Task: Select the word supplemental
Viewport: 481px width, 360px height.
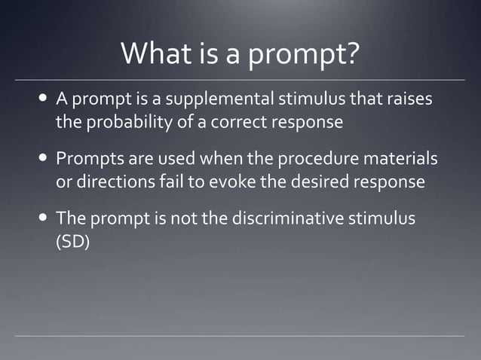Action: (x=212, y=101)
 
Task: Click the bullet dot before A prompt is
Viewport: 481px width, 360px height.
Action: (x=44, y=101)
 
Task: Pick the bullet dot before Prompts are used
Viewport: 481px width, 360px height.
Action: (x=44, y=160)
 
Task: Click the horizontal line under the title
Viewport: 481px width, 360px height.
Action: (x=240, y=80)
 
